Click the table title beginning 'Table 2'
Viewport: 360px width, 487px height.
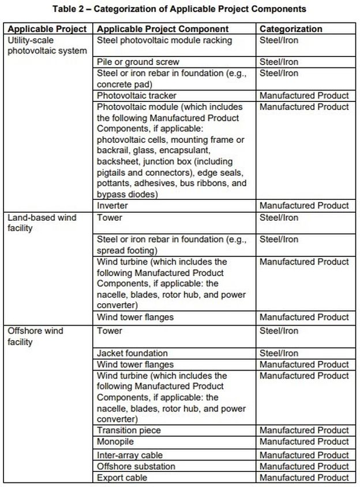click(179, 9)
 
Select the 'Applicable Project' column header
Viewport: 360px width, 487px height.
click(48, 29)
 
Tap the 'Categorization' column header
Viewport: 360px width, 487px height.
click(291, 29)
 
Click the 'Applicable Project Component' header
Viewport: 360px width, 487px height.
click(163, 29)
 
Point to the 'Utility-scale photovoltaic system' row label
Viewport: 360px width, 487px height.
click(47, 46)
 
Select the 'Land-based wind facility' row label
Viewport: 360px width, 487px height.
click(42, 223)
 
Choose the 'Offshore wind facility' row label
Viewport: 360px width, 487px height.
click(36, 337)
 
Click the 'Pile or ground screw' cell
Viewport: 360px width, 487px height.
click(138, 62)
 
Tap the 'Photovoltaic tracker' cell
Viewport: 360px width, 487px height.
click(137, 96)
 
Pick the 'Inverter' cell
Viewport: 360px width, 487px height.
click(112, 206)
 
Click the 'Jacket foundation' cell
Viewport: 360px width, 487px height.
click(132, 353)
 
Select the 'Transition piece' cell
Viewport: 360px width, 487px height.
click(129, 431)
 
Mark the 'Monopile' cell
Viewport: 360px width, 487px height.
click(116, 442)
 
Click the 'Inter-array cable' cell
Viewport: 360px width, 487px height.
click(130, 455)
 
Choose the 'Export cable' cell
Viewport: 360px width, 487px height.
click(122, 478)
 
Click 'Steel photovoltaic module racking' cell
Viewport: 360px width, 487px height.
click(164, 40)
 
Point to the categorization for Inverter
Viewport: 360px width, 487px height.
click(304, 206)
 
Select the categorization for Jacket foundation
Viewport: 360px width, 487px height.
click(279, 353)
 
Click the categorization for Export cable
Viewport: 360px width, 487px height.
click(304, 478)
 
